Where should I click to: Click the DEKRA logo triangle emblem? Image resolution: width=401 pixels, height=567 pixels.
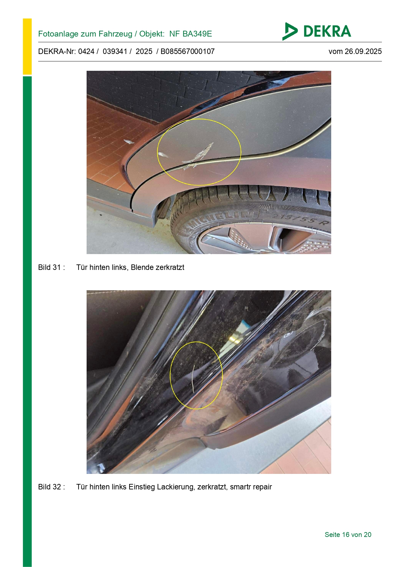(289, 31)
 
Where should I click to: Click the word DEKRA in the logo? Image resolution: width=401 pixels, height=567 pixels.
(327, 31)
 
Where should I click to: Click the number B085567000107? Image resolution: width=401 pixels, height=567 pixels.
(187, 51)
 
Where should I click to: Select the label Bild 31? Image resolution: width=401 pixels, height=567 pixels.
(49, 267)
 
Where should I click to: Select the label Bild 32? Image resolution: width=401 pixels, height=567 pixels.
(49, 487)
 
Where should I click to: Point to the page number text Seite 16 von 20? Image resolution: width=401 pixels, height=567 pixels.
(348, 535)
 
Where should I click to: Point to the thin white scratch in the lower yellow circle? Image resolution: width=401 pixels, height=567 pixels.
(193, 379)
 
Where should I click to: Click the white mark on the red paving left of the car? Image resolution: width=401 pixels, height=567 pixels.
(129, 142)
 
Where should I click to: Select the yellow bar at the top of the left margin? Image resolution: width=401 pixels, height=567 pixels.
(27, 47)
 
